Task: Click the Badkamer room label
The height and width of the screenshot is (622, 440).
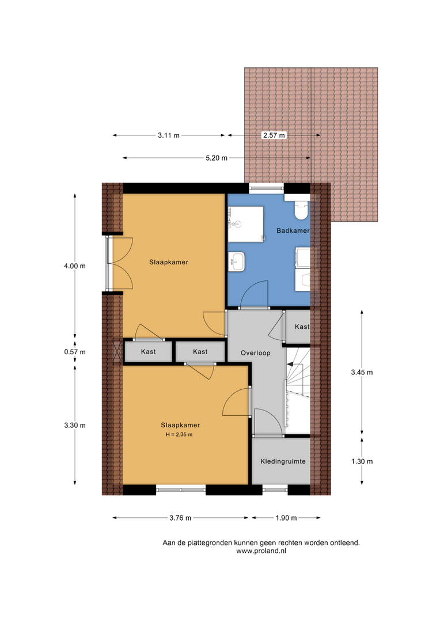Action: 293,230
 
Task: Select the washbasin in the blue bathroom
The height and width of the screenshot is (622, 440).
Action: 237,262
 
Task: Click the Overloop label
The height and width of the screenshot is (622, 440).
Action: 256,352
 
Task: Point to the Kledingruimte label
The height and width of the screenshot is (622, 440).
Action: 283,461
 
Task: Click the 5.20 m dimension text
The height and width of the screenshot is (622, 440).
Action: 217,158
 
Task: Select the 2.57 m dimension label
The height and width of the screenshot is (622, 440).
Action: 274,135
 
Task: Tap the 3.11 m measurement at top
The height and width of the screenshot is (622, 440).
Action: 169,135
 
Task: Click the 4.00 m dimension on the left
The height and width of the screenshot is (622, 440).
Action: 75,266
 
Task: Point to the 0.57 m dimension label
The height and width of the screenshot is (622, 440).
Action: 75,352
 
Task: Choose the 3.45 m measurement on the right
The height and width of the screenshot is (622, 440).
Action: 362,372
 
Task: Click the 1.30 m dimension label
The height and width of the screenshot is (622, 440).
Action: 362,461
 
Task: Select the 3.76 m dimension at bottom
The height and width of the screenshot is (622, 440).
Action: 180,518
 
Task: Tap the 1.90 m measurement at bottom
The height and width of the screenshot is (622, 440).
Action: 286,518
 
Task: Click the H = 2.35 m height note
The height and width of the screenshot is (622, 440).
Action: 179,434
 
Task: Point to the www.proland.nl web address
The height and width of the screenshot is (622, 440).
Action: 261,551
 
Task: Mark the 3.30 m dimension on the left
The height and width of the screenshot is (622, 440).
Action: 75,425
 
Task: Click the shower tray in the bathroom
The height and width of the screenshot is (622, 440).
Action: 246,224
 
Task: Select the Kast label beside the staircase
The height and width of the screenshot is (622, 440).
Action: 302,327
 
